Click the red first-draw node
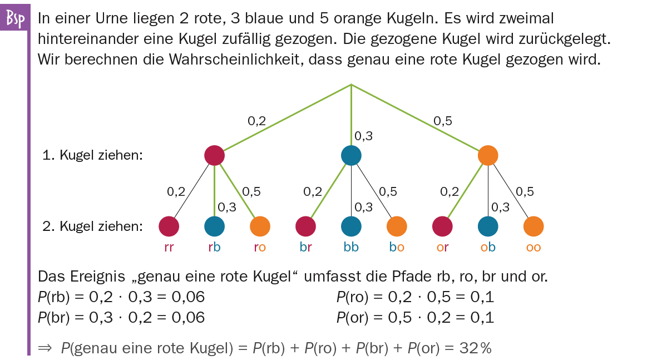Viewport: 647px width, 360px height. coord(214,155)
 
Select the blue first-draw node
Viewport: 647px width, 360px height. coord(351,155)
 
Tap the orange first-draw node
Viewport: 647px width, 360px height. coord(488,155)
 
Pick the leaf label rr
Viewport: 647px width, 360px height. coord(169,247)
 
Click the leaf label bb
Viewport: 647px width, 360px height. coord(351,247)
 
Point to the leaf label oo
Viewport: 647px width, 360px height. coord(534,247)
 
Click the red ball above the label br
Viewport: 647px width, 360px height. coord(305,226)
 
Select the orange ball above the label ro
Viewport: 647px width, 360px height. coord(260,226)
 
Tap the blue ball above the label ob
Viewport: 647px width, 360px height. coord(488,226)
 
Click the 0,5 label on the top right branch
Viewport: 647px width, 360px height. coord(442,121)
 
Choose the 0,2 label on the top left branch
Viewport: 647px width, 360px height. coord(256,121)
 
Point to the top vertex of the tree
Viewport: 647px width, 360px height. coord(351,85)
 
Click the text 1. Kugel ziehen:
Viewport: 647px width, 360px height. coord(93,156)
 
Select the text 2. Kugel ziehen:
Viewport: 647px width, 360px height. coord(93,226)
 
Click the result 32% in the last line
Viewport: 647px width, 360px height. coord(476,348)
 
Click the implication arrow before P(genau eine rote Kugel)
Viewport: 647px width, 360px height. coord(45,348)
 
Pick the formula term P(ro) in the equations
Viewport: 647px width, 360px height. coord(350,297)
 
